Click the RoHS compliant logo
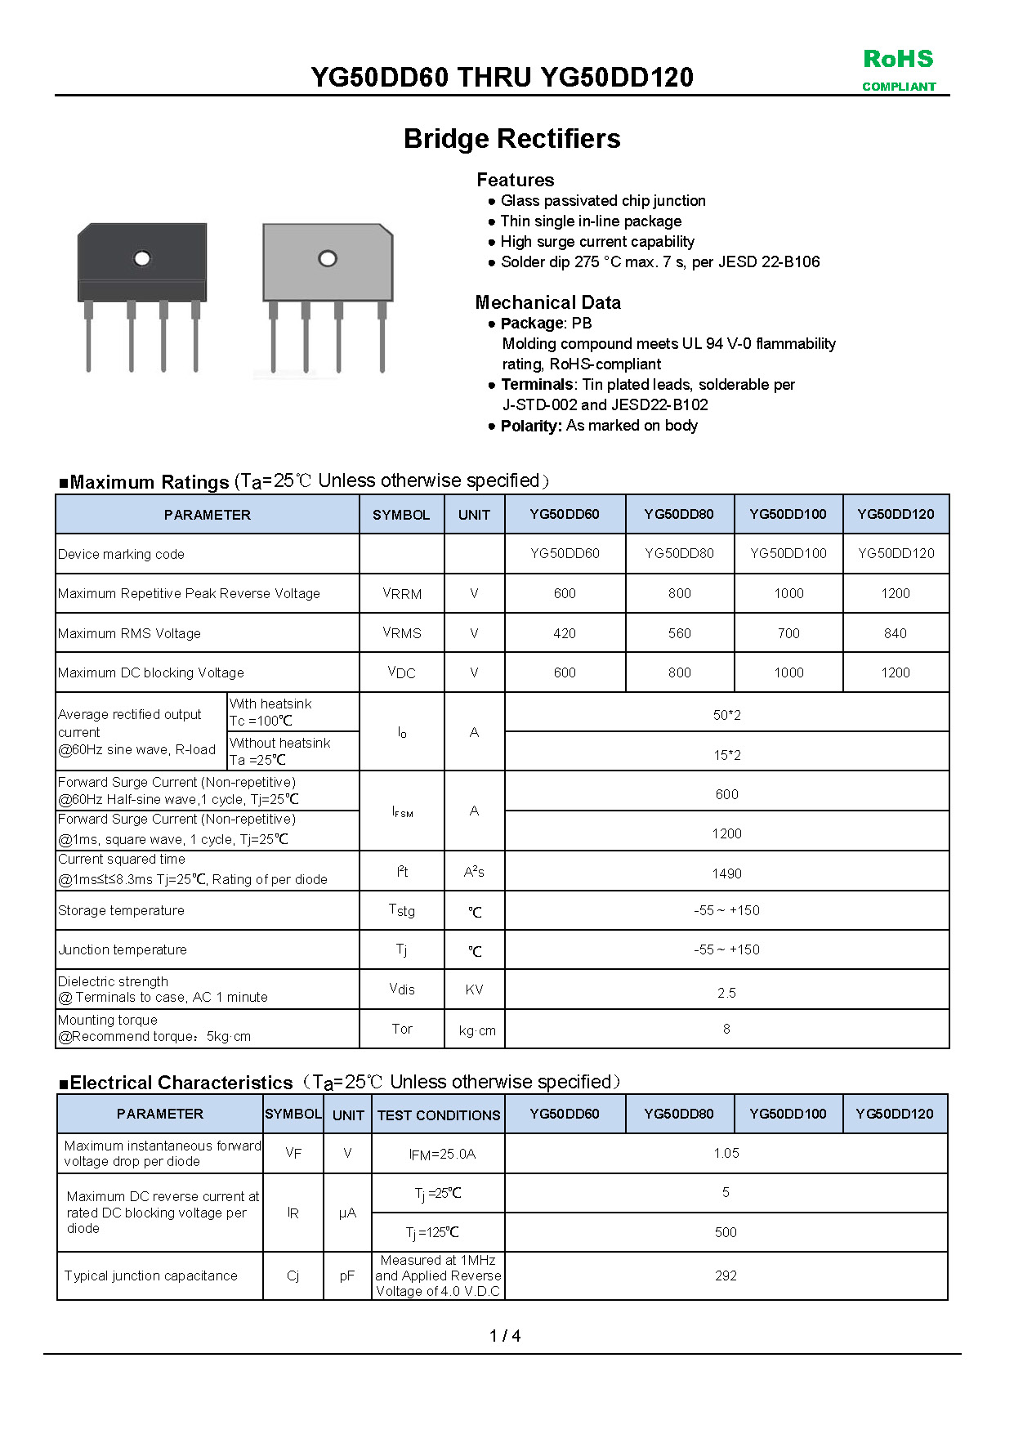pos(898,69)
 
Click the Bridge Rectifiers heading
pos(511,139)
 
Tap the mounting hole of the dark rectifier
pos(142,259)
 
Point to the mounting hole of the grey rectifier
pos(328,259)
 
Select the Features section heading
pos(515,180)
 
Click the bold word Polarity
pos(531,426)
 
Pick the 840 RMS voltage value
pos(895,633)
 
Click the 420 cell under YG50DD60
pos(565,633)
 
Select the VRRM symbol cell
pos(402,594)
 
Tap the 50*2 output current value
pos(726,715)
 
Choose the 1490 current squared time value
pos(726,873)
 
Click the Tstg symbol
pos(402,910)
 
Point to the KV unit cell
pos(474,990)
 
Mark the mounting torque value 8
pos(726,1029)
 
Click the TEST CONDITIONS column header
pos(439,1115)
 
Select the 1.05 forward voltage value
pos(726,1153)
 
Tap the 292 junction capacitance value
pos(726,1275)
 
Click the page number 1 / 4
pos(505,1336)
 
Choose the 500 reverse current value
pos(726,1232)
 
